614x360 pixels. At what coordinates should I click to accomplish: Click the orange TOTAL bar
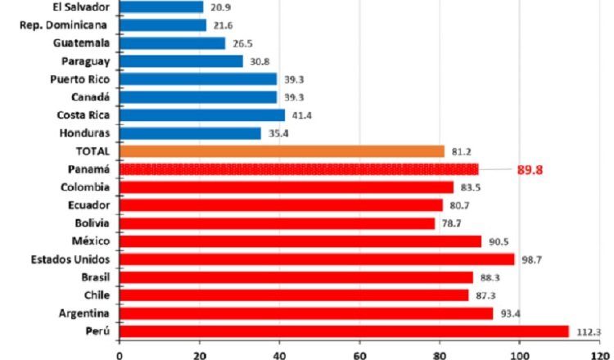tap(282, 151)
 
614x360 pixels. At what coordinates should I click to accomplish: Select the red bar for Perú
tap(344, 331)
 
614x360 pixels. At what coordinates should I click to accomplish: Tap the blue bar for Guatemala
tap(172, 43)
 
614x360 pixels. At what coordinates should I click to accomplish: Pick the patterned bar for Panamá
tap(299, 169)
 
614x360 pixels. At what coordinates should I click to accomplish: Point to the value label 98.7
tap(534, 259)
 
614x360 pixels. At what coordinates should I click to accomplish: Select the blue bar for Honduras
tap(190, 133)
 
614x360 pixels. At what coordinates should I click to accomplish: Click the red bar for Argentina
tap(306, 313)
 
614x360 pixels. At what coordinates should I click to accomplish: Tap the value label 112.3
tap(587, 331)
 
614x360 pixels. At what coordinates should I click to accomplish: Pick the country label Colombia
tap(88, 187)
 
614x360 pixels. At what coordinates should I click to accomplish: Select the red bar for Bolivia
tap(277, 223)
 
